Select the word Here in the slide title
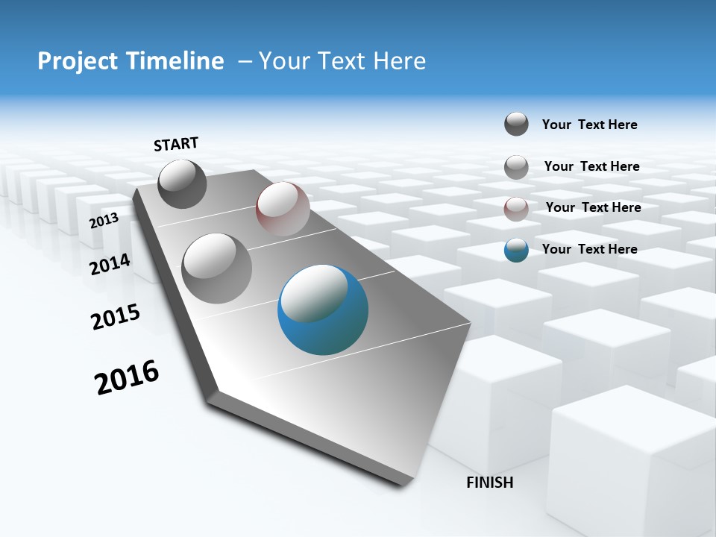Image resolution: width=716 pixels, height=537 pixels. click(x=399, y=61)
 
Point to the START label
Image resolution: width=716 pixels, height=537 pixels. click(x=176, y=143)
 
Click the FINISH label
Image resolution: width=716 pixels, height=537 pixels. click(x=489, y=482)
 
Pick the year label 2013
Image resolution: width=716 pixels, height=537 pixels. click(x=104, y=220)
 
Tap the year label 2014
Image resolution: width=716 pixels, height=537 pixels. click(x=110, y=264)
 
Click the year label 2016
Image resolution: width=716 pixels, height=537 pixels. click(x=127, y=377)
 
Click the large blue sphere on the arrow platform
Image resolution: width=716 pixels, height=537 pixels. click(x=323, y=310)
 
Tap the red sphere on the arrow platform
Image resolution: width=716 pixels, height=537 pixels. click(x=283, y=209)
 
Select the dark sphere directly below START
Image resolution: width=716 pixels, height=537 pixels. click(x=182, y=183)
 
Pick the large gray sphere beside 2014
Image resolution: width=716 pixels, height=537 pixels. click(x=217, y=268)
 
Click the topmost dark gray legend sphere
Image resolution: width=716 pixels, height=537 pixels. click(x=516, y=124)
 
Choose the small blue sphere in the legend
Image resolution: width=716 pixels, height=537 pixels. click(x=516, y=250)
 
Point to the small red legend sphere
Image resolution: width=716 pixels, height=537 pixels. click(x=516, y=209)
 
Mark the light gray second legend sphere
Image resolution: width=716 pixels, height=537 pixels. click(x=516, y=167)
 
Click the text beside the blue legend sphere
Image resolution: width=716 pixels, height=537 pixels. click(x=589, y=249)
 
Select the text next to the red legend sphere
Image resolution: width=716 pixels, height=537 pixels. click(x=593, y=207)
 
